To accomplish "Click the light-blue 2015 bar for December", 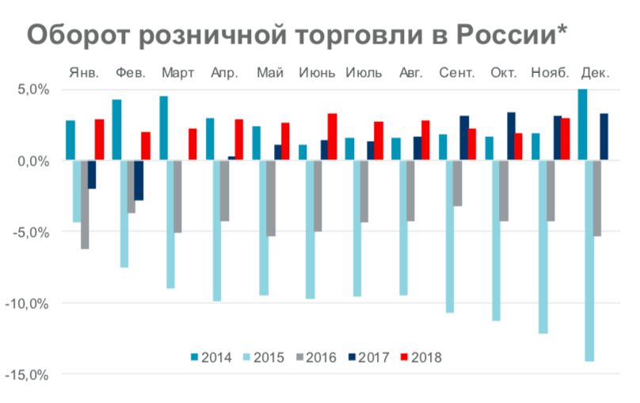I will tap(589, 260).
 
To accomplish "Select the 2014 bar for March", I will tap(164, 128).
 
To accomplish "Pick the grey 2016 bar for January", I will tap(84, 204).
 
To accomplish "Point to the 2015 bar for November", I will tap(543, 246).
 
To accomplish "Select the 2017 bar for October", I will tap(511, 136).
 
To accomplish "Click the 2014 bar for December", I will tap(583, 124).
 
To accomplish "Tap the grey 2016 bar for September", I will tap(458, 183).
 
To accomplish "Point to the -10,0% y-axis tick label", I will tap(28, 303).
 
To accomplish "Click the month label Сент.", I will tap(457, 73).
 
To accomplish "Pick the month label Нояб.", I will tap(550, 73).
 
